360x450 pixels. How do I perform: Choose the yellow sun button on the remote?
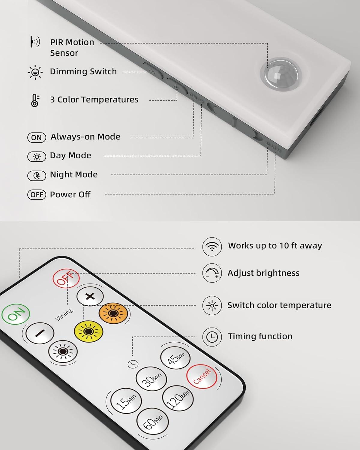pos(88,331)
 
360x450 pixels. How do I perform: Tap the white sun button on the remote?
pos(63,351)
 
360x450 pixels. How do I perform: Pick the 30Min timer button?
pos(151,379)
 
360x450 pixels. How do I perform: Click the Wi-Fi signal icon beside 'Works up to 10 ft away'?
pos(212,247)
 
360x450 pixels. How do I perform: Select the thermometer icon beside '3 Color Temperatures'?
pos(35,100)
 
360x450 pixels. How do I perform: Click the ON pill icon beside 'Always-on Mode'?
pos(37,138)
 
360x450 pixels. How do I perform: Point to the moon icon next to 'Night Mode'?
pos(37,175)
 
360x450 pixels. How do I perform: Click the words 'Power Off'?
pos(70,195)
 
